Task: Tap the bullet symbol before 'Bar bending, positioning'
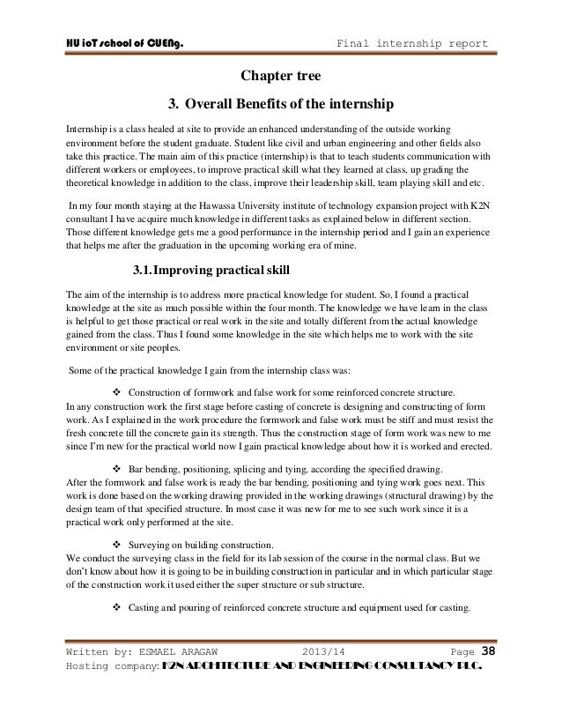[121, 468]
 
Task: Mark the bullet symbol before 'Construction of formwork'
[121, 391]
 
